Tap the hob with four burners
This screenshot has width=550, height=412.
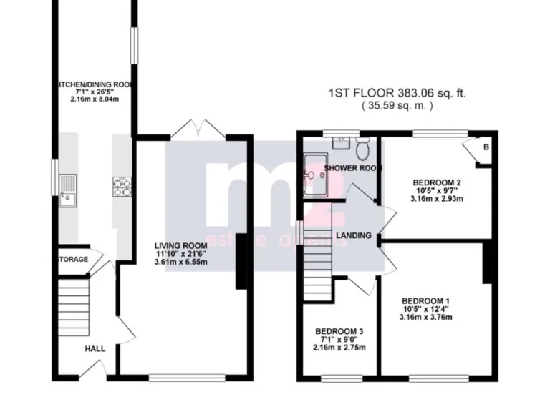120,186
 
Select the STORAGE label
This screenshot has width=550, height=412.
72,259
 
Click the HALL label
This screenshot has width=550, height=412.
95,349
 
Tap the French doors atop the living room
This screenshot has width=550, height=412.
198,130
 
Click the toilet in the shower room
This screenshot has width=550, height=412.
363,149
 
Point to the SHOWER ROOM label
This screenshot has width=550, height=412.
352,168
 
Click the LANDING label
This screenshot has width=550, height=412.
354,235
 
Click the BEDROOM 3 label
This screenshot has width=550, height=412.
339,331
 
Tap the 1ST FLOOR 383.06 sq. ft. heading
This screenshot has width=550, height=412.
400,93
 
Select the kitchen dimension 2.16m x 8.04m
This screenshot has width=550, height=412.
94,99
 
